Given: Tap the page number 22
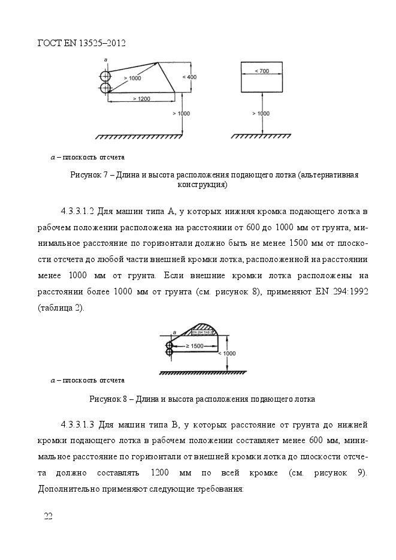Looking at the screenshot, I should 48,516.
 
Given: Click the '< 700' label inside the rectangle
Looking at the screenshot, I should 261,71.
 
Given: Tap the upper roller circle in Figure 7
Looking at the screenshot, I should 106,76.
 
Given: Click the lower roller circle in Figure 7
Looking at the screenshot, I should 106,88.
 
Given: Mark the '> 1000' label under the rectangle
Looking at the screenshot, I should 261,113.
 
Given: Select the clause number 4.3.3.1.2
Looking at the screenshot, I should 78,212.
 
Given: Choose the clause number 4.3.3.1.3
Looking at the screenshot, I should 78,425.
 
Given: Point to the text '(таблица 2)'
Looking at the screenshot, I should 61,308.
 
